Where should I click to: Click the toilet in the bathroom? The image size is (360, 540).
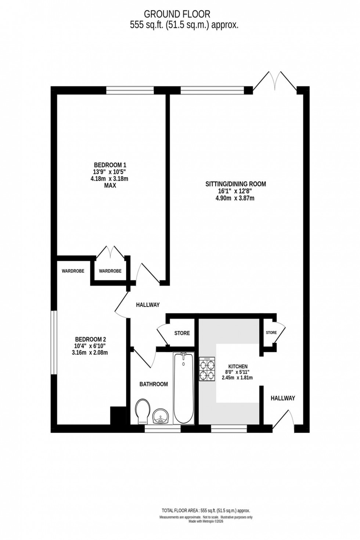(x=141, y=411)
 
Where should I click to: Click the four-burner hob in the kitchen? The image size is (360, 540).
(x=207, y=370)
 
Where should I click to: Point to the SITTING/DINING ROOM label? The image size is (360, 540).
(x=235, y=184)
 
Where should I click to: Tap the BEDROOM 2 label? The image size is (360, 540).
(x=90, y=339)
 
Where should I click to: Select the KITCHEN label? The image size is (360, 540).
(x=238, y=366)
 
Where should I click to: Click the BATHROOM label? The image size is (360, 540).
(x=154, y=384)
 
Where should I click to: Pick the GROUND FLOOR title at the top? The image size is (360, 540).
(x=177, y=14)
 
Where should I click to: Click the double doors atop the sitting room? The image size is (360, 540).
(x=275, y=80)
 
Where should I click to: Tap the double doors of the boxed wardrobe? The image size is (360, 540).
(x=111, y=252)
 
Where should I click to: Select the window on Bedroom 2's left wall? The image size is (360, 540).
(x=54, y=342)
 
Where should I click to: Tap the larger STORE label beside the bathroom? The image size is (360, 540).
(x=182, y=333)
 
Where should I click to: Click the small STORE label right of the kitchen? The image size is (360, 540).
(x=271, y=332)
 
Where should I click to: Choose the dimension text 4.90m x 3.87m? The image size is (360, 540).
(x=235, y=198)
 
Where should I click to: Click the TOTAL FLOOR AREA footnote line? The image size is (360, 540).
(x=206, y=510)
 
